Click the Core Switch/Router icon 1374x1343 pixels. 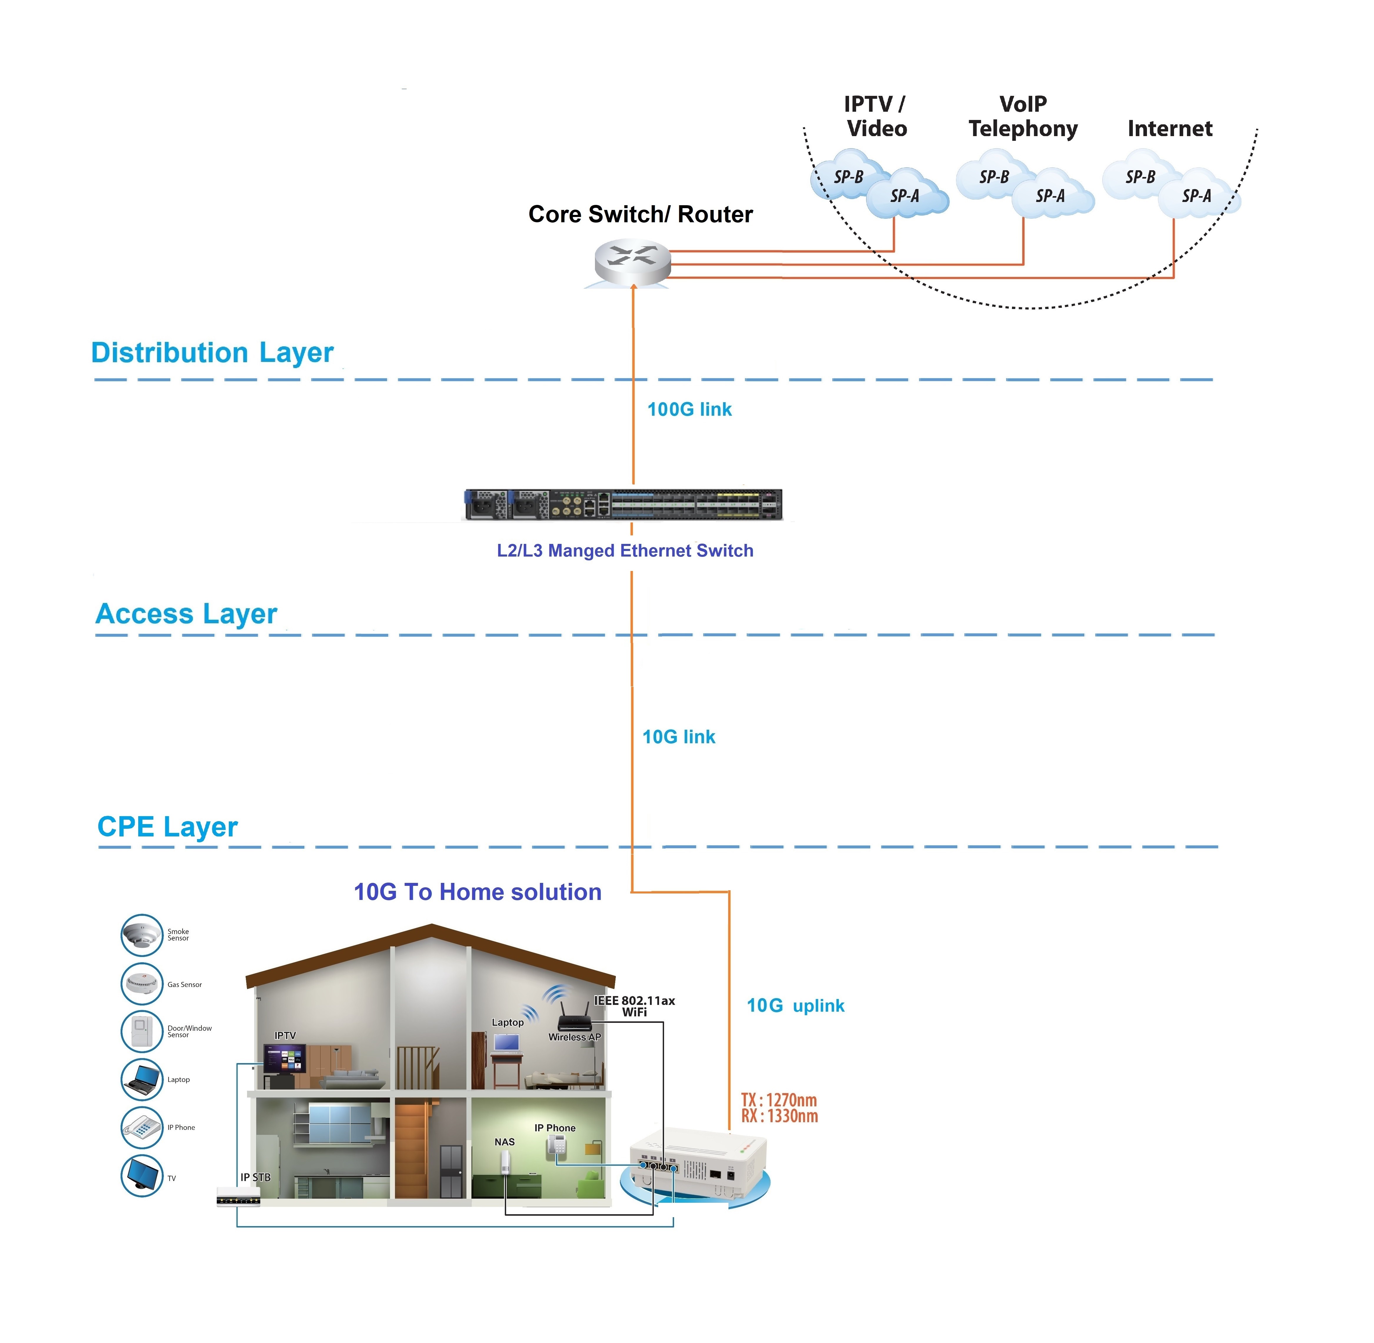(x=632, y=262)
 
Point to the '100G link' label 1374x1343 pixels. (x=689, y=409)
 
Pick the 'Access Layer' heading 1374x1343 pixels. (x=186, y=614)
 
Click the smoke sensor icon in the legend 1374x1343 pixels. (x=142, y=935)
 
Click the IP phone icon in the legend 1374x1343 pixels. (x=142, y=1127)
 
